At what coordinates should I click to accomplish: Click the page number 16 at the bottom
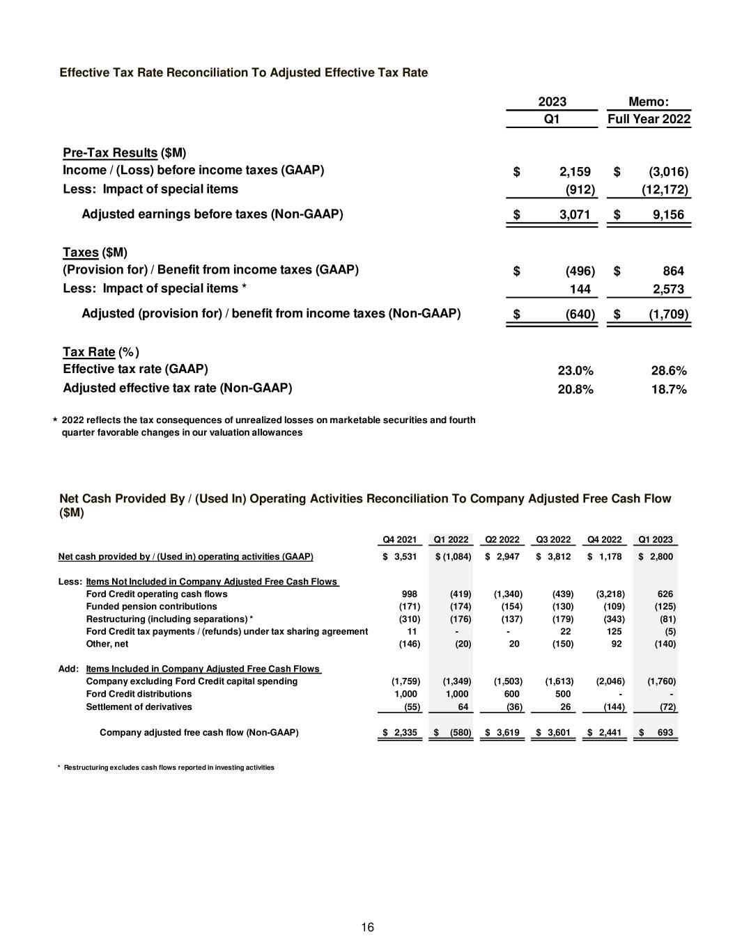click(368, 927)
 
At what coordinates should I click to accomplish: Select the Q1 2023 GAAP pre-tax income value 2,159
click(575, 172)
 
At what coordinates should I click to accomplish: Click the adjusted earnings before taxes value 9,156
click(668, 215)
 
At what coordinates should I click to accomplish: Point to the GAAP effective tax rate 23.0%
click(575, 371)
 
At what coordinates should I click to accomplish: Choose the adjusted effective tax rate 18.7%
click(669, 390)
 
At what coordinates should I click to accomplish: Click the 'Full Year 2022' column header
click(649, 119)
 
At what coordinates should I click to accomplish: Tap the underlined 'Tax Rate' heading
click(88, 352)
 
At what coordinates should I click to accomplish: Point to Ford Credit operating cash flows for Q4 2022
click(610, 594)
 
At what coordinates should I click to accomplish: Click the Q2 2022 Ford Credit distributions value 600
click(511, 694)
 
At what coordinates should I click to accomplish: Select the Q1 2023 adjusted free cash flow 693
click(663, 733)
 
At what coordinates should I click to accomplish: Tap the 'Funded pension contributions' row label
click(151, 607)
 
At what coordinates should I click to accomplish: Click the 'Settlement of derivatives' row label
click(139, 706)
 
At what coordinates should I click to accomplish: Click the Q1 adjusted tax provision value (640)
click(580, 314)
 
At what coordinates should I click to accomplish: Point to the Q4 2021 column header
click(400, 539)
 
